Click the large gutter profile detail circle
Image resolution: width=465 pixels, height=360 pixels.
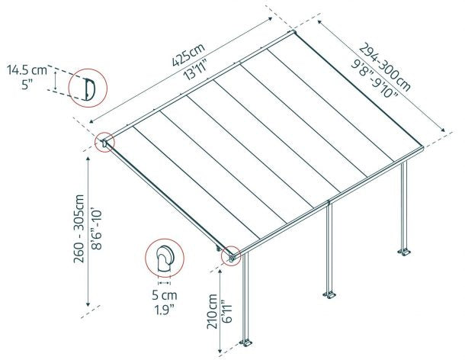[85, 88]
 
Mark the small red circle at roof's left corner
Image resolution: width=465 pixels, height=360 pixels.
[105, 142]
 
